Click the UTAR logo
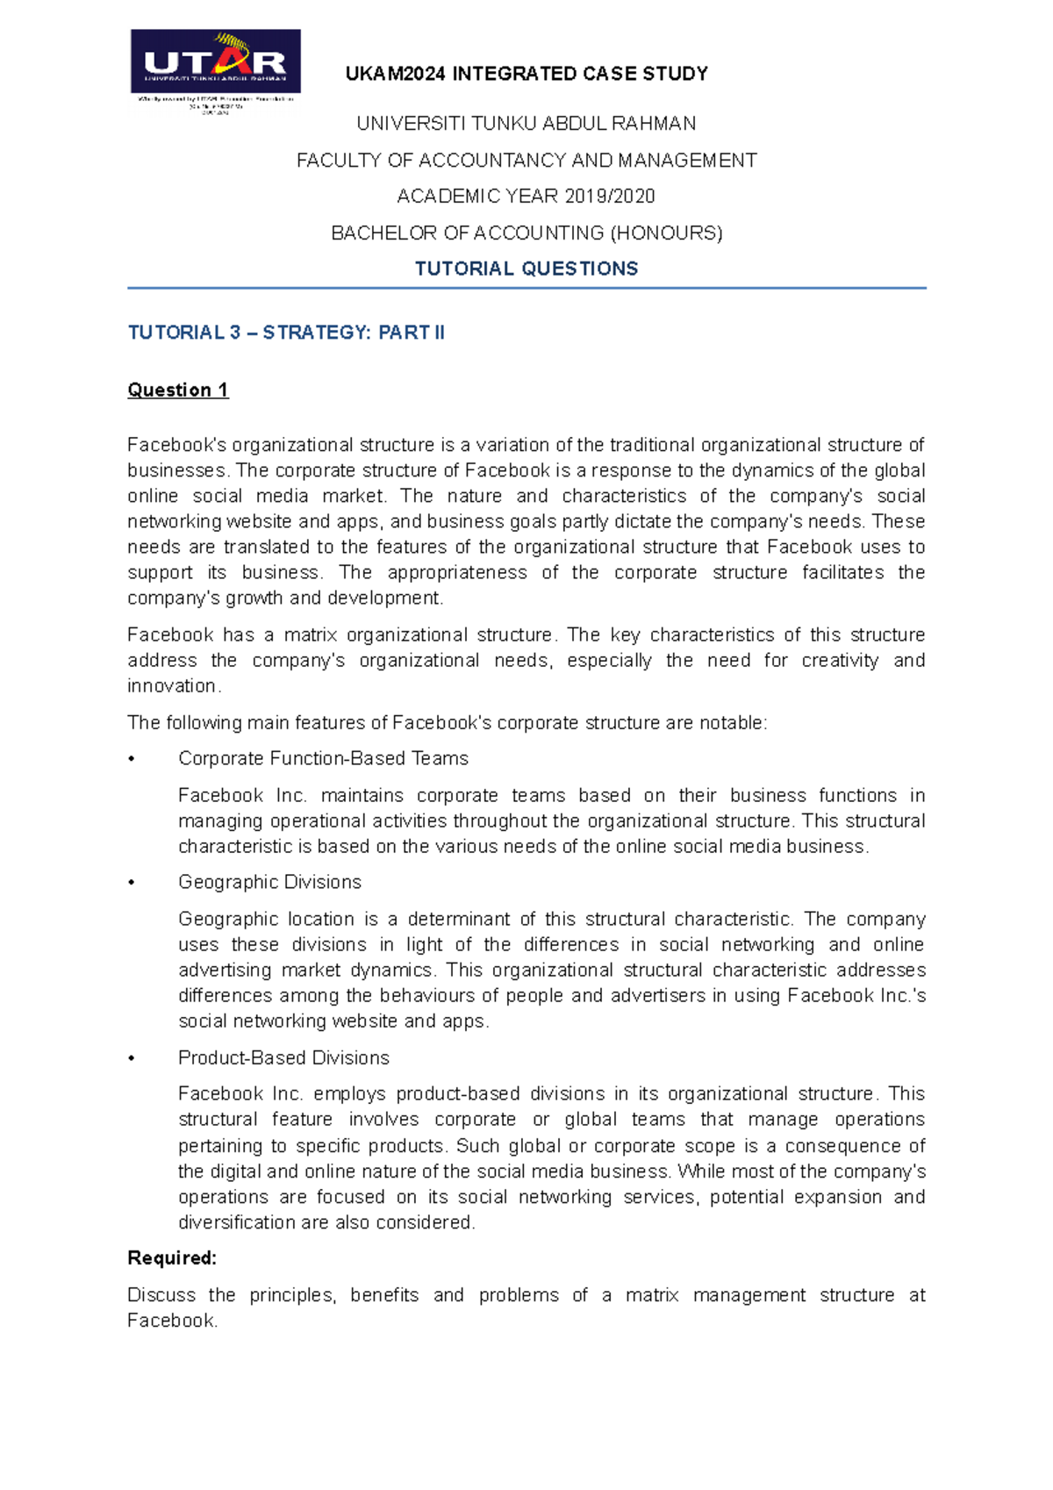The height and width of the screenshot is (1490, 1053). point(215,62)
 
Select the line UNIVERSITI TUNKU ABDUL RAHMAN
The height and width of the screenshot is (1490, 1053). point(526,124)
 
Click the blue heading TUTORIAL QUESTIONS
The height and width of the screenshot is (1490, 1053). point(526,269)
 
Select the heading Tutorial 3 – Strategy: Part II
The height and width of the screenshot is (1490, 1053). point(286,333)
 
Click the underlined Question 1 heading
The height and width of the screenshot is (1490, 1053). point(178,390)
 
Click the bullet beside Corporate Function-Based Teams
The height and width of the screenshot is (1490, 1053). point(132,760)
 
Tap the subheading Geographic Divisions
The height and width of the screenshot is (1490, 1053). point(269,883)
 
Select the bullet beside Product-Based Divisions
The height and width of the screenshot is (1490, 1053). point(132,1059)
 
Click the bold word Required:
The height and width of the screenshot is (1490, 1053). point(172,1258)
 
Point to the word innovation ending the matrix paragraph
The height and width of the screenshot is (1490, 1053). point(171,686)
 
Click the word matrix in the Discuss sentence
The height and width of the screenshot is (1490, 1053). point(651,1296)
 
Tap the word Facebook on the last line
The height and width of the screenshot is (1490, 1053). point(170,1322)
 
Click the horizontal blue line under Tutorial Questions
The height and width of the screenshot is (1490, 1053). point(526,288)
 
